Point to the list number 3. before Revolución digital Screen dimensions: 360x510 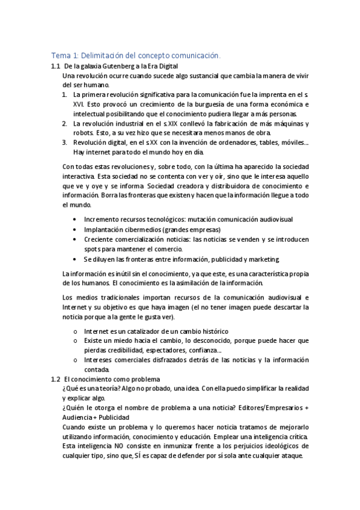pyautogui.click(x=65, y=143)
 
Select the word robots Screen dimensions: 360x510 pyautogui.click(x=82, y=133)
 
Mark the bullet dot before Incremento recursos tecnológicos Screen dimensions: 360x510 pyautogui.click(x=74, y=220)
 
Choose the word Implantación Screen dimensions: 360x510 pyautogui.click(x=105, y=230)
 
